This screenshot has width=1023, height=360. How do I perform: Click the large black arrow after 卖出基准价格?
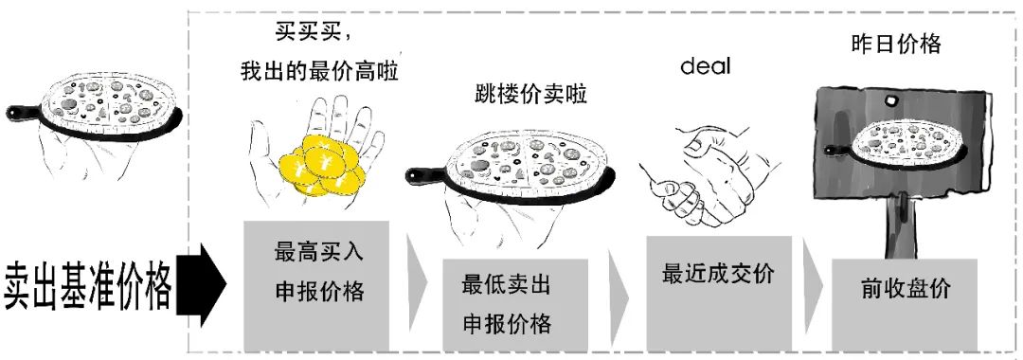203,282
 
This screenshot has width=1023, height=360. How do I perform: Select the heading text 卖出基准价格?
88,283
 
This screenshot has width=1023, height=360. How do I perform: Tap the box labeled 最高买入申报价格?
318,284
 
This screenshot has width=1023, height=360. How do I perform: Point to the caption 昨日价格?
895,44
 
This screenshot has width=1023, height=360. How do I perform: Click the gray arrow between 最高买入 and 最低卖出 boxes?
415,284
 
